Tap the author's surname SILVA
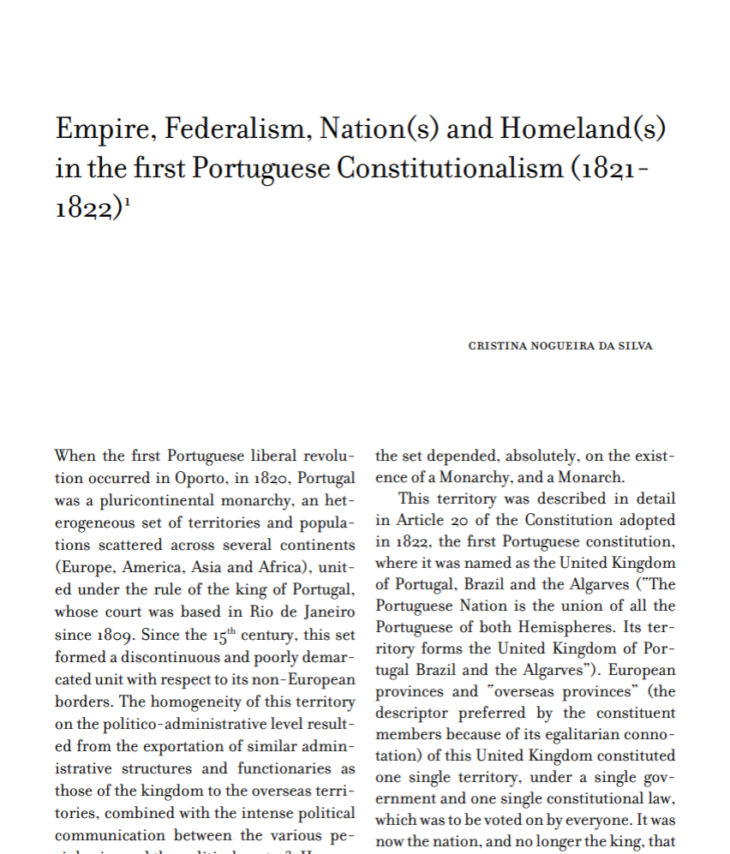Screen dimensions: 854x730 click(635, 346)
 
